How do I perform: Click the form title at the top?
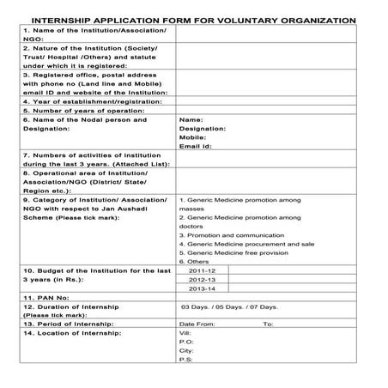tap(194, 18)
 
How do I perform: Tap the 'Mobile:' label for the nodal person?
tap(192, 137)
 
